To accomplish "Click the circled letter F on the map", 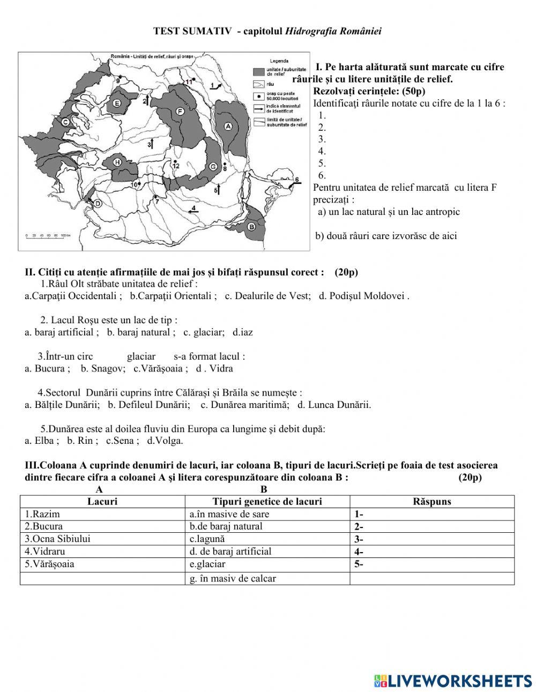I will pyautogui.click(x=180, y=111).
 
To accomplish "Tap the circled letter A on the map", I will pyautogui.click(x=228, y=126).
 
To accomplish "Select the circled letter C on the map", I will pyautogui.click(x=65, y=122).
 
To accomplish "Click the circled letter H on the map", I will pyautogui.click(x=117, y=162).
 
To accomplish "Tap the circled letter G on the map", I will pyautogui.click(x=213, y=167).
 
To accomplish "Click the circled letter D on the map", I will pyautogui.click(x=98, y=203).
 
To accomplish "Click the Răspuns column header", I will pyautogui.click(x=432, y=502).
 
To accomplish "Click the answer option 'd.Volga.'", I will pyautogui.click(x=165, y=441).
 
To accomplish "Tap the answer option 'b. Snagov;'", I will pyautogui.click(x=103, y=368).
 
